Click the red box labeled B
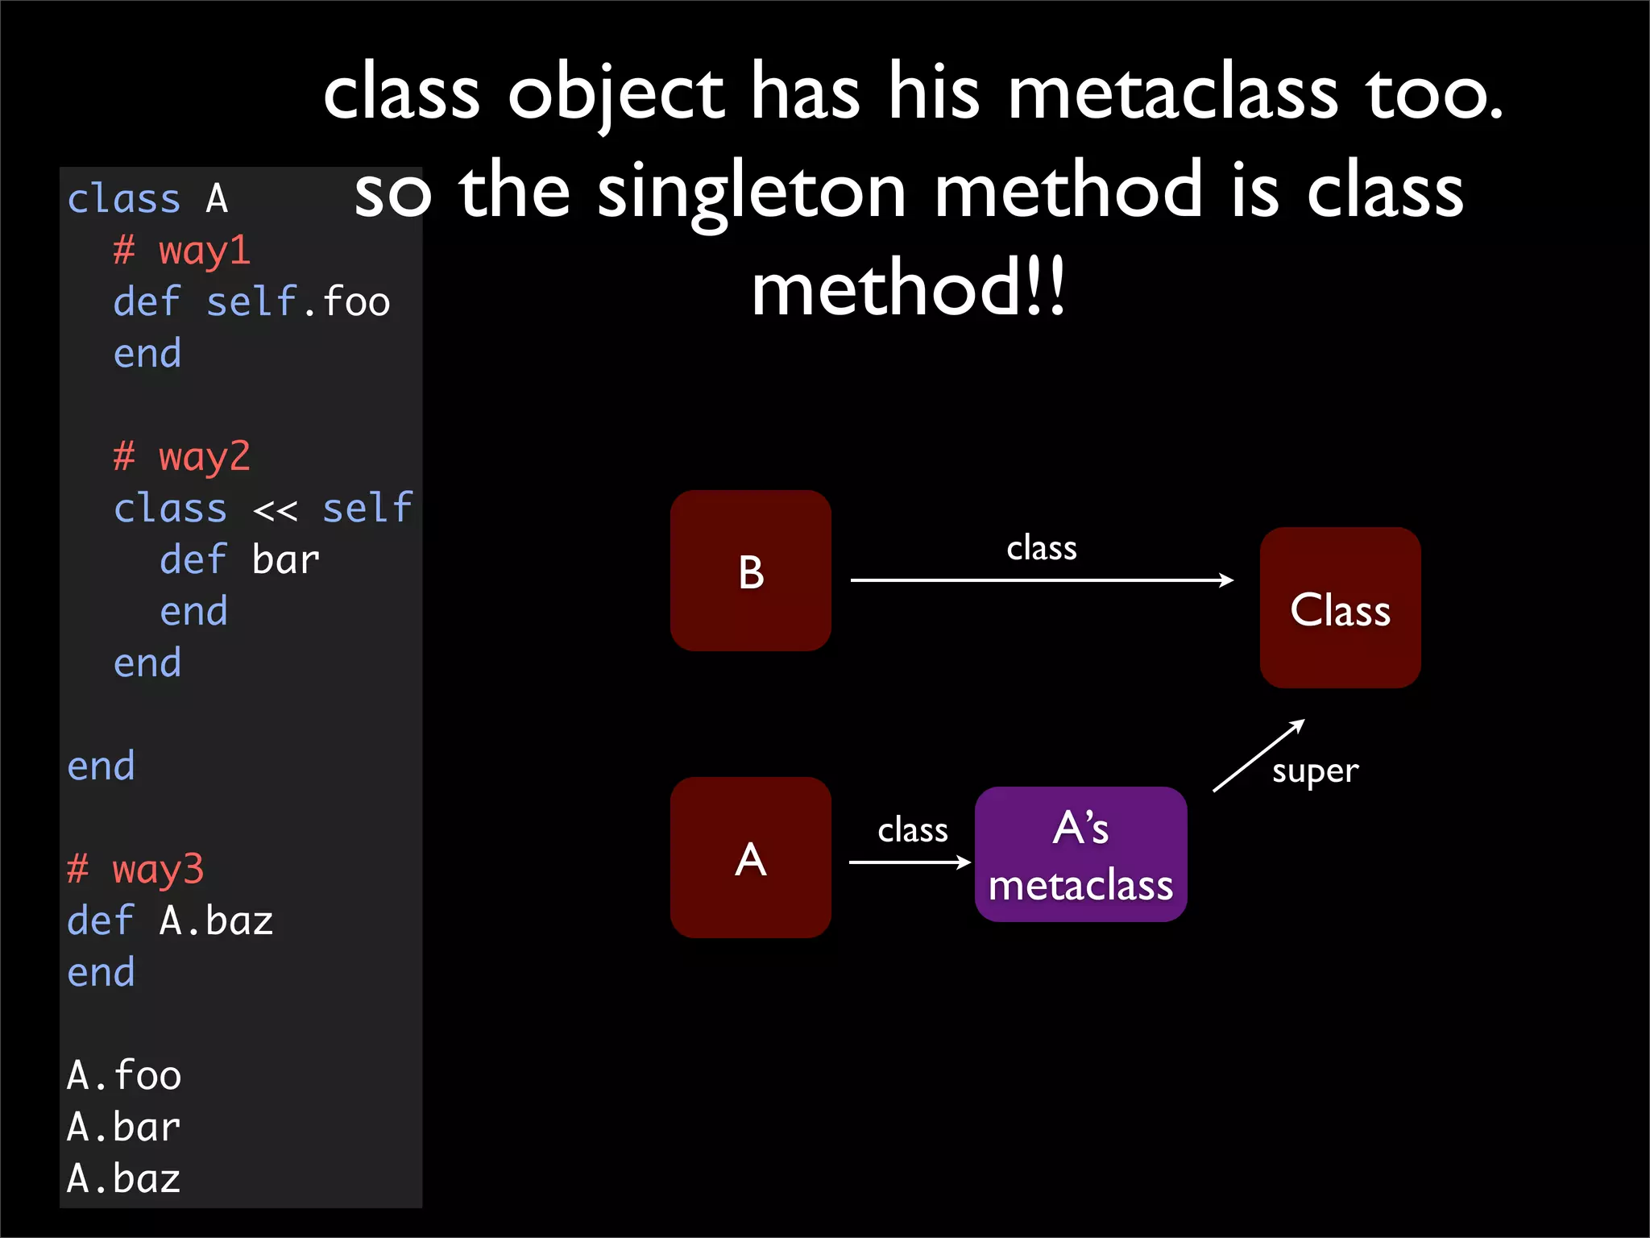click(x=750, y=571)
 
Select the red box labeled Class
click(x=1340, y=608)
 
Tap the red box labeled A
click(x=750, y=858)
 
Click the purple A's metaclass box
click(x=1080, y=854)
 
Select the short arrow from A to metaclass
click(x=909, y=862)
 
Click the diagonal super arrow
click(x=1258, y=756)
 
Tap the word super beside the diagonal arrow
click(x=1315, y=771)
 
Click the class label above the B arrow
click(x=1041, y=548)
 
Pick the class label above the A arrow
click(x=912, y=830)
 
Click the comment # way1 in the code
click(x=181, y=250)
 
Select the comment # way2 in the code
click(x=181, y=456)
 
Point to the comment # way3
click(x=135, y=869)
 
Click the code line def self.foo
click(x=251, y=302)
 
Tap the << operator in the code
click(x=275, y=509)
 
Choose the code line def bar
click(x=239, y=560)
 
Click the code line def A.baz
click(x=170, y=920)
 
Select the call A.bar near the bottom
click(x=123, y=1127)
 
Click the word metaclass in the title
click(x=1173, y=93)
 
